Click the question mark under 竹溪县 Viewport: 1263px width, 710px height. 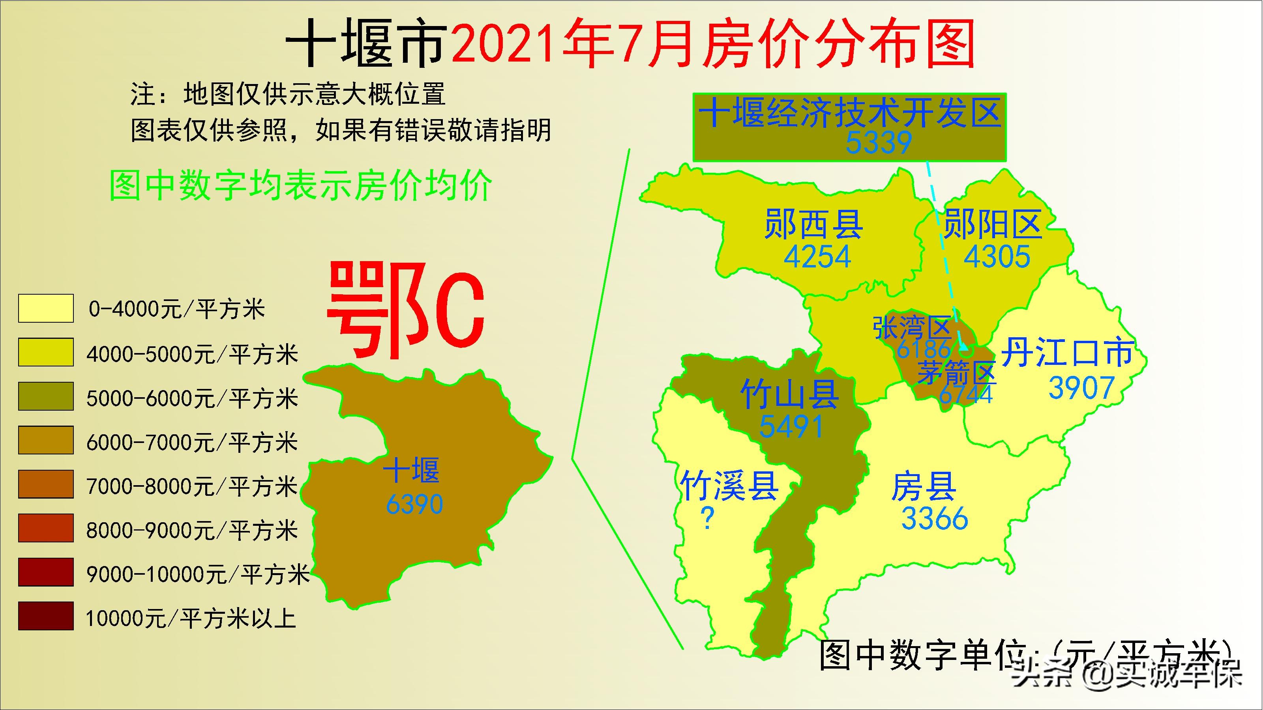707,518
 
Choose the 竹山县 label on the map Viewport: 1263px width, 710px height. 789,394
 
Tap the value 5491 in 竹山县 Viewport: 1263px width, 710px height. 791,426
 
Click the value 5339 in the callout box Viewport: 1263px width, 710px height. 879,142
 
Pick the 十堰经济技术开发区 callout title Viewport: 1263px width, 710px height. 849,113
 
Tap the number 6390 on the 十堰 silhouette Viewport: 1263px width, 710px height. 414,504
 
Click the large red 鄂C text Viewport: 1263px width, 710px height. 405,310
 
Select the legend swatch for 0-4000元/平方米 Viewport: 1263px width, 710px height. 46,308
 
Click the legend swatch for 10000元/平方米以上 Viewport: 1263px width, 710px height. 46,616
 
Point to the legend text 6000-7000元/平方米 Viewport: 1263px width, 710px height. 192,443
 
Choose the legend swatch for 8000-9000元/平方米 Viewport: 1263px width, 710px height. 46,528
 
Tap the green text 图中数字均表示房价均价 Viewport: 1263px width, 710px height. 300,185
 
